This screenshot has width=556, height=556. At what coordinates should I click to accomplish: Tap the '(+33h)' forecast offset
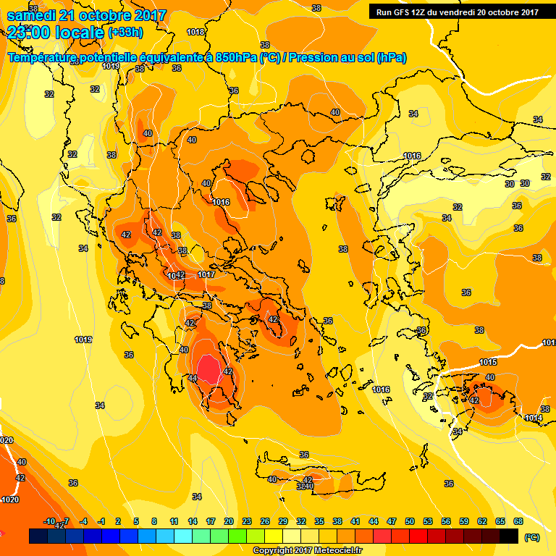tap(125, 33)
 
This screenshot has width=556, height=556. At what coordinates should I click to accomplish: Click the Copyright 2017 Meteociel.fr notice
tap(306, 551)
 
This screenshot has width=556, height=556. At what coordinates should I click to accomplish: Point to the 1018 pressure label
tap(195, 33)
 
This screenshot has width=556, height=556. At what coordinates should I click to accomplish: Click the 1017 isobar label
tap(206, 275)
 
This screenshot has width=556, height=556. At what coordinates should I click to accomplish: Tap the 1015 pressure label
tap(488, 362)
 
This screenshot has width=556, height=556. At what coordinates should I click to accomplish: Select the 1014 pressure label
tap(534, 418)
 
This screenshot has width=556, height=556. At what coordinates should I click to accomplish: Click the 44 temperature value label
tap(193, 378)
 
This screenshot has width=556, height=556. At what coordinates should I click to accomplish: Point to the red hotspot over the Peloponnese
tap(210, 371)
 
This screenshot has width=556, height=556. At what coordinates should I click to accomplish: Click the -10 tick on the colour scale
tap(49, 521)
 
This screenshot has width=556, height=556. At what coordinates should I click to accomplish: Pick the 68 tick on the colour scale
tap(518, 521)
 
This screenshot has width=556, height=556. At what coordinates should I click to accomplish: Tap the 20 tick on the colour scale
tap(229, 521)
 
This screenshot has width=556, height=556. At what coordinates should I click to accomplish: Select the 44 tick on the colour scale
tap(374, 521)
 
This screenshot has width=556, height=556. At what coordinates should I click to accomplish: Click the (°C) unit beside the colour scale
tap(531, 537)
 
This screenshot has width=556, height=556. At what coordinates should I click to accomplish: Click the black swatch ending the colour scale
tap(509, 536)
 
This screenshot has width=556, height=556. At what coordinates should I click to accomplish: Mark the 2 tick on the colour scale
tap(118, 521)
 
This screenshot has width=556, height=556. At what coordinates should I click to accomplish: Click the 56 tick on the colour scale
tap(446, 521)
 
